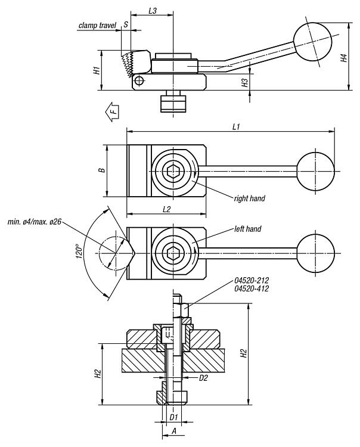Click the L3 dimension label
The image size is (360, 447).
click(x=153, y=11)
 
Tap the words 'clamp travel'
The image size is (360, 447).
click(x=98, y=26)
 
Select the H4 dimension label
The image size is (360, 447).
click(x=344, y=58)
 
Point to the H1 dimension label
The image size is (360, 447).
click(x=98, y=70)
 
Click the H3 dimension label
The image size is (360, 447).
click(x=245, y=83)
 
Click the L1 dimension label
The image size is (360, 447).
click(x=236, y=126)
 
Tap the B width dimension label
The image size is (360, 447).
click(x=102, y=170)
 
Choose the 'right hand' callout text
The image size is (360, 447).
click(x=249, y=198)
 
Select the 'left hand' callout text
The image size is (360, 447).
click(x=248, y=229)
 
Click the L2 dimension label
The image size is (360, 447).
click(x=166, y=210)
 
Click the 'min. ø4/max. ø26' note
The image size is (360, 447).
click(x=35, y=222)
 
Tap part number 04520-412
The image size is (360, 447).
click(x=252, y=289)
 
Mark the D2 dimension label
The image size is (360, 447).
click(x=203, y=378)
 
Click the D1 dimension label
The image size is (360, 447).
click(x=173, y=417)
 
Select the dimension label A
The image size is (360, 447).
click(x=174, y=432)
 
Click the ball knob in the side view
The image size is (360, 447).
click(x=313, y=42)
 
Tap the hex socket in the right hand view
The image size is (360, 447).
click(x=173, y=171)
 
